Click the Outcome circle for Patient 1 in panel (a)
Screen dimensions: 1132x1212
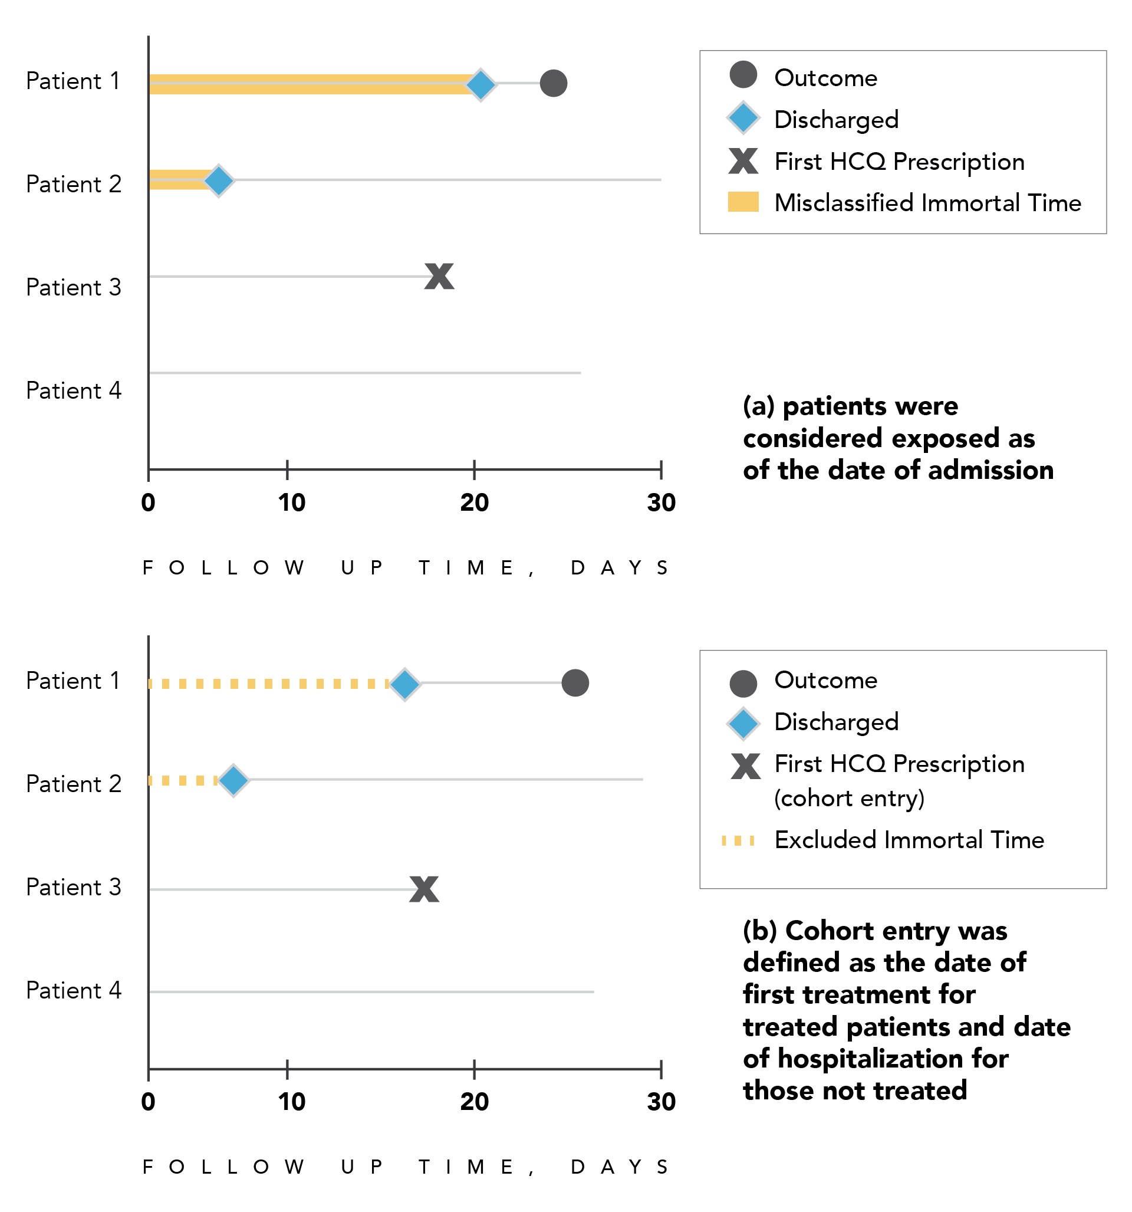[553, 83]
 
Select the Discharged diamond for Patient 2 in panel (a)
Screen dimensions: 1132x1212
[218, 180]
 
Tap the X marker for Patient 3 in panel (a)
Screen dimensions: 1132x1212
[439, 276]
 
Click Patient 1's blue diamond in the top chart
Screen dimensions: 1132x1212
[481, 84]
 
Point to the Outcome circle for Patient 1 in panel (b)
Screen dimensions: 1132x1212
[575, 682]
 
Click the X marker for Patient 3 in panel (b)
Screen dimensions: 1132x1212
[424, 889]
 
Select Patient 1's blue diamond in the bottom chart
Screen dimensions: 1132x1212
[404, 684]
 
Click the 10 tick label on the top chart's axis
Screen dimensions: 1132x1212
[291, 502]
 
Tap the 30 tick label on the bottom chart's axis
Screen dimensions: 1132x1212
[661, 1102]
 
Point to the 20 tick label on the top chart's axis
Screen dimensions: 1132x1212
[474, 502]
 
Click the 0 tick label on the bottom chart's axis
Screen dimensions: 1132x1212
[148, 1102]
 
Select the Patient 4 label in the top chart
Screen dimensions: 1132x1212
[74, 390]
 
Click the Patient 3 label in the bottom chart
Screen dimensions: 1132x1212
[74, 887]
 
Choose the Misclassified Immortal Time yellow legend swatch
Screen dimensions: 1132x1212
[743, 202]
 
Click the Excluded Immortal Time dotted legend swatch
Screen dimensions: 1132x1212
[738, 840]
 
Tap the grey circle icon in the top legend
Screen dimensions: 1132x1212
[743, 74]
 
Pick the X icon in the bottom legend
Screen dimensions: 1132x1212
[745, 766]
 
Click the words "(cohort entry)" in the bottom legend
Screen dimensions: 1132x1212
[849, 798]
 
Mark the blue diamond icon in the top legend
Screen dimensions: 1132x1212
[743, 118]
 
